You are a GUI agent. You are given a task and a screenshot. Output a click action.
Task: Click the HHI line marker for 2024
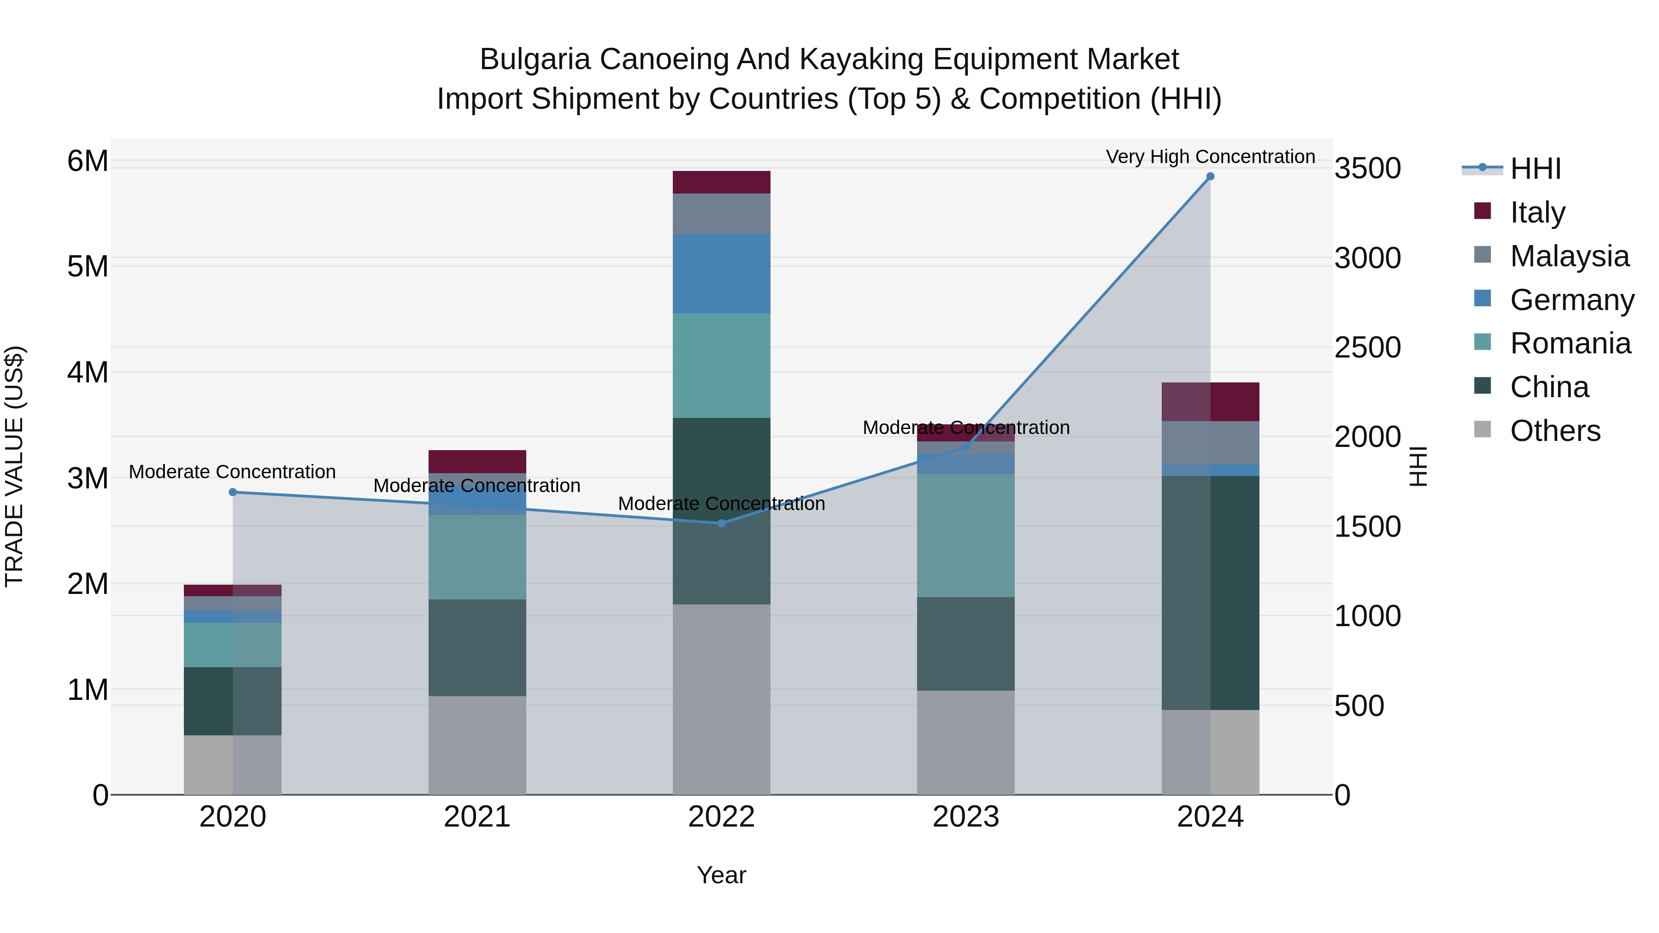coord(1210,176)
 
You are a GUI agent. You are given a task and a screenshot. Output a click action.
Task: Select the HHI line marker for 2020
coord(233,492)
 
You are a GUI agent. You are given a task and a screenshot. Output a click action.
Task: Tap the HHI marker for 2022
coord(721,523)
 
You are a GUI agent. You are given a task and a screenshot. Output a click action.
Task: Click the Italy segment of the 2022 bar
coord(721,182)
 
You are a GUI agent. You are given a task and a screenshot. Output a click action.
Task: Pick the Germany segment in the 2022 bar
coord(721,274)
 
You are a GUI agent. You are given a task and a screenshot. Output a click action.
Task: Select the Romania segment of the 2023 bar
coord(965,535)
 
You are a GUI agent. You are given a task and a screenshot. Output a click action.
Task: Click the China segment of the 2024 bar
coord(1210,593)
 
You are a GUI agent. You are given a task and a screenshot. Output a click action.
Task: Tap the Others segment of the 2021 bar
coord(477,745)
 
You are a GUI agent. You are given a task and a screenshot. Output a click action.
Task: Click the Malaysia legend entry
coord(1569,256)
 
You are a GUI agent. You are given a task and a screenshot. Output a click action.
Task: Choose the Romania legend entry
coord(1570,344)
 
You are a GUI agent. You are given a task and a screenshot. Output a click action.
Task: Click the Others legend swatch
coord(1483,429)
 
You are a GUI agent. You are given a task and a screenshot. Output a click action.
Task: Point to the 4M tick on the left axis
coord(88,372)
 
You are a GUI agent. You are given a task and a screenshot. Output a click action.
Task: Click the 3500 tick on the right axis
coord(1367,169)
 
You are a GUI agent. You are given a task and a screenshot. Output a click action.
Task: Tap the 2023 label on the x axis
coord(965,817)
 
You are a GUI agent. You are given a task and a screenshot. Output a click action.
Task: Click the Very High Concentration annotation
coord(1210,157)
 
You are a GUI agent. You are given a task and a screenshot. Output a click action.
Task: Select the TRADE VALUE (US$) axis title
coord(15,466)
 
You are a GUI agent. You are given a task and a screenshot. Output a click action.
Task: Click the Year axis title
coord(721,875)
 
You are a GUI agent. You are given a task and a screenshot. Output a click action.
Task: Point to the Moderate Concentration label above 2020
coord(233,472)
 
